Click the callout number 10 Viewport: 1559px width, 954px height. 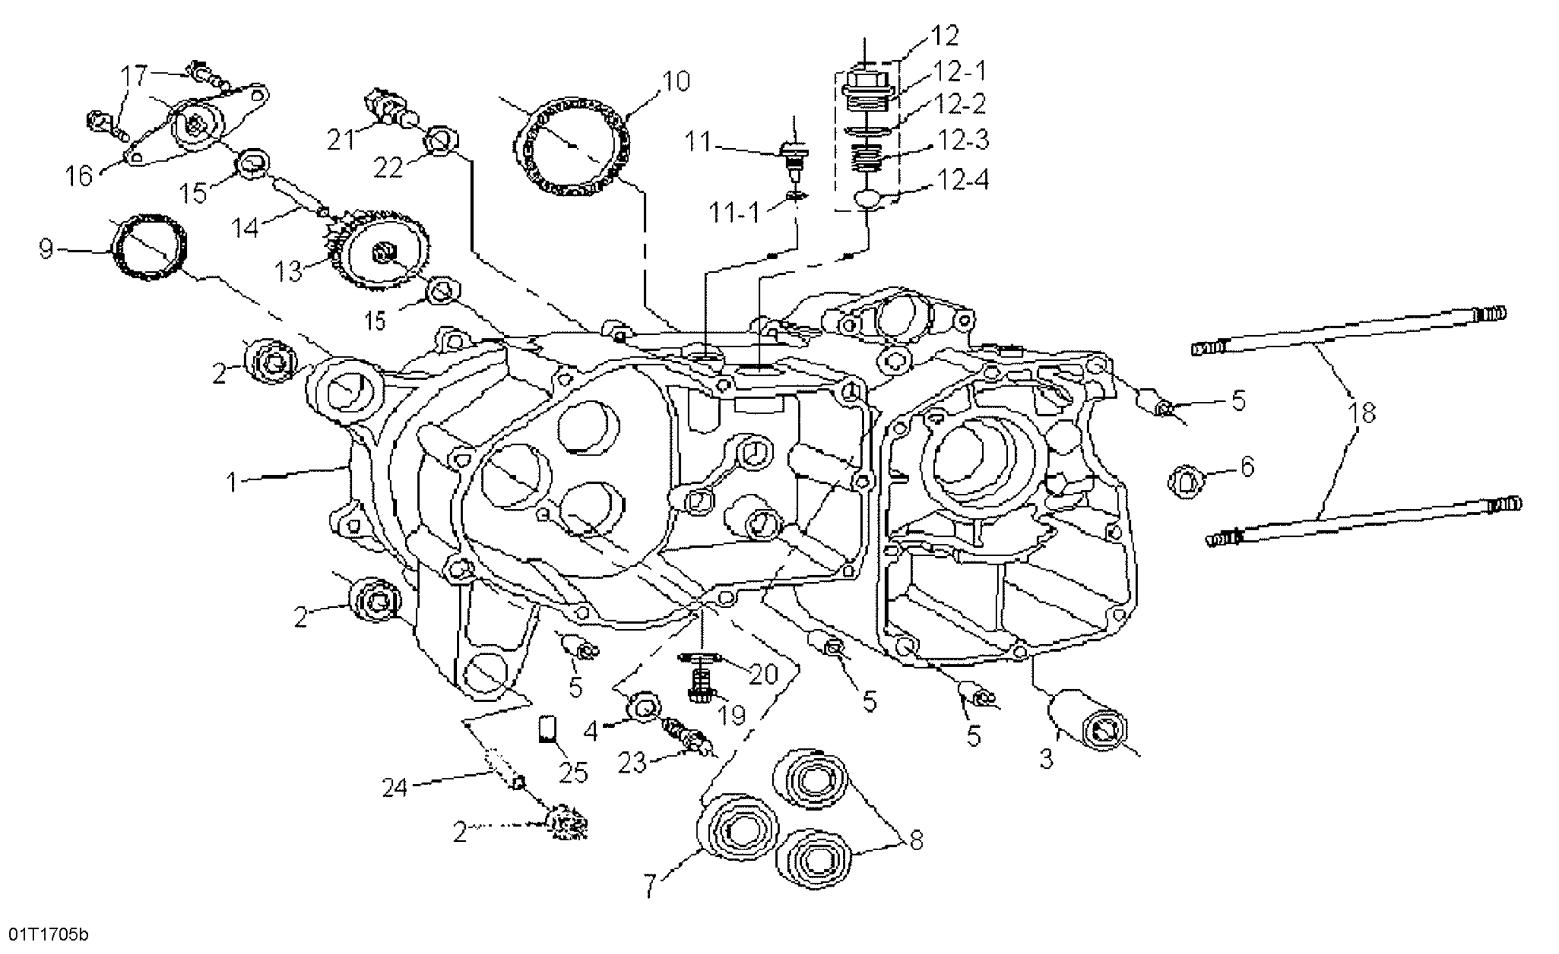click(x=676, y=81)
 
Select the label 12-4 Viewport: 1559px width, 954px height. click(x=962, y=180)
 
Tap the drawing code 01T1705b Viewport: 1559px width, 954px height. click(x=44, y=934)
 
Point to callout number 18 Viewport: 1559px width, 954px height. click(x=1361, y=412)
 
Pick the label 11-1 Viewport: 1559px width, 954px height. click(x=735, y=213)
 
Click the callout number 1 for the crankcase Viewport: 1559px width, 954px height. click(x=232, y=483)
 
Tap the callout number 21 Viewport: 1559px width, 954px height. click(x=342, y=139)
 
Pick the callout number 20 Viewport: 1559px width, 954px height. click(x=763, y=675)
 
